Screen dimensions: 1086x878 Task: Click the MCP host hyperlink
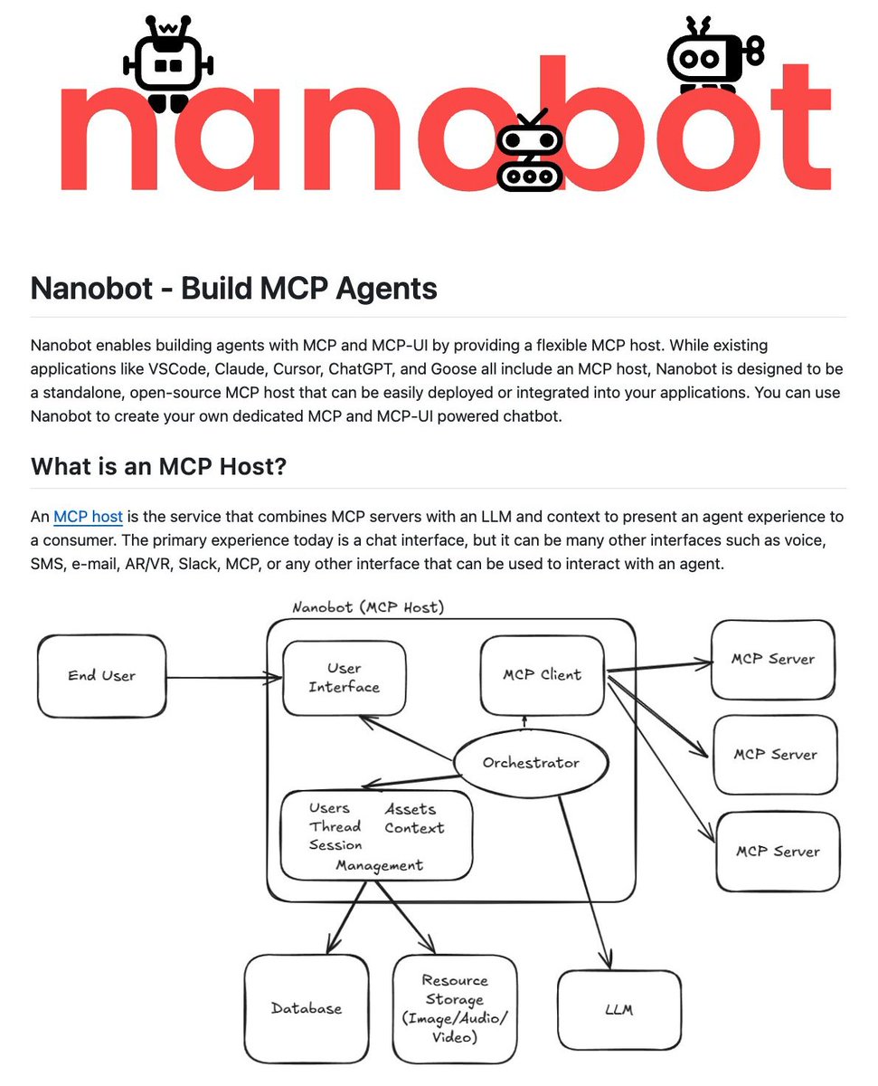(88, 517)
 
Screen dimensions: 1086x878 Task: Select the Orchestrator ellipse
(530, 762)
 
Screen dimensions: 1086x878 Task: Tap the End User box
(101, 675)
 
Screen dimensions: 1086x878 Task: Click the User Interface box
(344, 678)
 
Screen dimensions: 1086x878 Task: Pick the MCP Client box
(542, 674)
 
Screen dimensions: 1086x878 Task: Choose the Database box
(307, 1007)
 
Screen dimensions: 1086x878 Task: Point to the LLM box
(619, 1008)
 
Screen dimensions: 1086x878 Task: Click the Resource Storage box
(454, 1008)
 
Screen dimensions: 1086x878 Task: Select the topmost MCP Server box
(772, 659)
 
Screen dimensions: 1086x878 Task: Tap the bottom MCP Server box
(777, 852)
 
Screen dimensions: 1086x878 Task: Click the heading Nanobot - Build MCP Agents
(233, 289)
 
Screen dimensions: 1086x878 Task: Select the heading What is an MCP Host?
(157, 467)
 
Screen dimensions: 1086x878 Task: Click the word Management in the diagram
(379, 865)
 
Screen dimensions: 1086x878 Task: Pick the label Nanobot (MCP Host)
(368, 607)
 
